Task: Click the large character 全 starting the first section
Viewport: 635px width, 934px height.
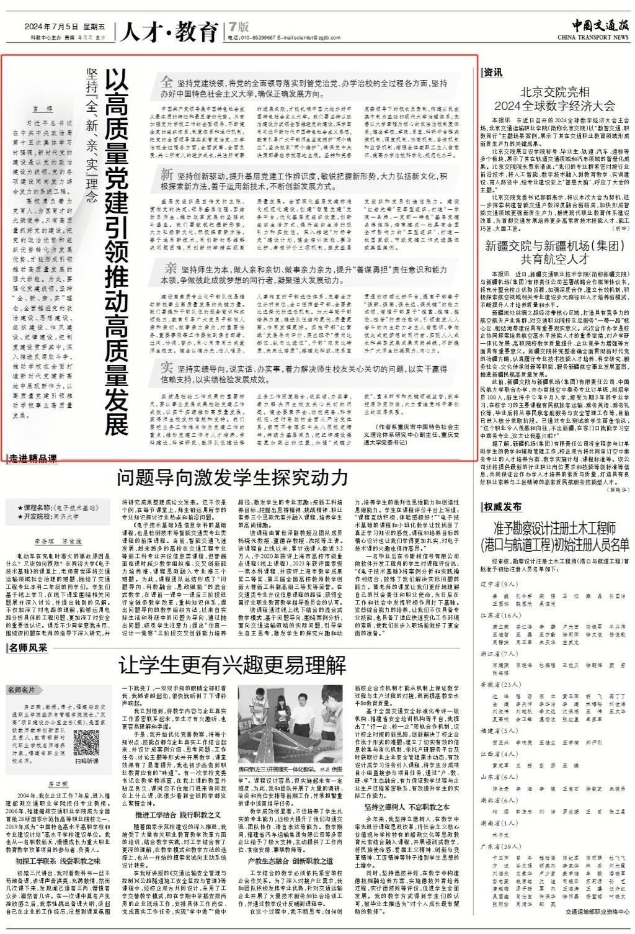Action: (x=167, y=83)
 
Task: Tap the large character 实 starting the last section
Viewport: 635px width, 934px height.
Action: (x=166, y=365)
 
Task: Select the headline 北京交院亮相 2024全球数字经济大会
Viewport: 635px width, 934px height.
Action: (x=554, y=96)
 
